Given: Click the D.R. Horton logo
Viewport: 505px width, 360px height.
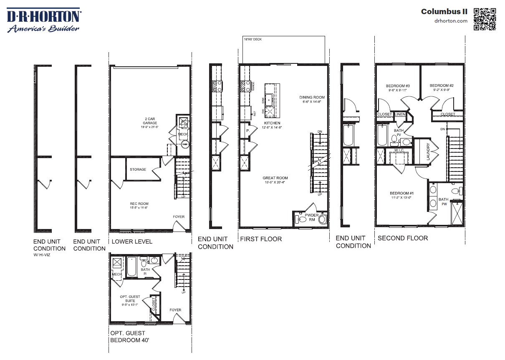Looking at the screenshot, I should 44,21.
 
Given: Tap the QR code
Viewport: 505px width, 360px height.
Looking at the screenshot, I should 485,19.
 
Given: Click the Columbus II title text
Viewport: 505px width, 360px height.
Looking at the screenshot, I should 444,12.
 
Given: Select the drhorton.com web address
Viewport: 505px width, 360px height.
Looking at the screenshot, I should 451,21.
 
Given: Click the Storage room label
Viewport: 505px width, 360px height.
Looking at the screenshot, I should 138,169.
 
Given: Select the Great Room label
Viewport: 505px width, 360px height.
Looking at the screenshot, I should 276,180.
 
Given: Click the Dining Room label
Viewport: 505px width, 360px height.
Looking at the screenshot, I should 312,99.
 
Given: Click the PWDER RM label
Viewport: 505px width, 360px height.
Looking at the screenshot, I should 312,217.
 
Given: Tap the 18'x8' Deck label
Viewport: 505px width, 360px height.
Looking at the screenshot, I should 252,40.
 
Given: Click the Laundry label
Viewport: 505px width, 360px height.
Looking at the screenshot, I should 428,151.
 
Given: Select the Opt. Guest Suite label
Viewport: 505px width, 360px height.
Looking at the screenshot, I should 130,299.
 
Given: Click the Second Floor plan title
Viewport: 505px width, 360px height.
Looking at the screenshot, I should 403,238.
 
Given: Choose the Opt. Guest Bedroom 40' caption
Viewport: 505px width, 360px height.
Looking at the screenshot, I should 128,336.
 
